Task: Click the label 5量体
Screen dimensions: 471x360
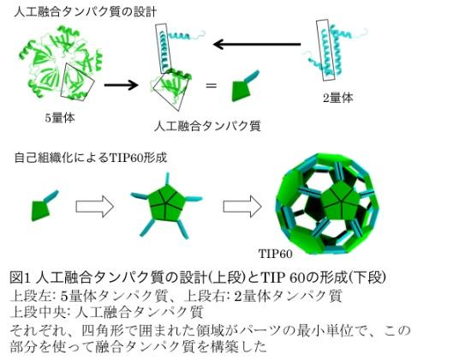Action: pos(60,118)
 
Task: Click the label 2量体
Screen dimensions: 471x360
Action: pos(338,98)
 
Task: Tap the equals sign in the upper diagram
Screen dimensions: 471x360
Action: pos(212,86)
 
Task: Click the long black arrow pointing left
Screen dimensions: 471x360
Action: pos(257,45)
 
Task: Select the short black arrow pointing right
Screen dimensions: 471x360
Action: pos(121,85)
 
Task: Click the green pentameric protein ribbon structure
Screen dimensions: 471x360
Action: pos(62,63)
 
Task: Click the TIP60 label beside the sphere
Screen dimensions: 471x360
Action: pos(276,254)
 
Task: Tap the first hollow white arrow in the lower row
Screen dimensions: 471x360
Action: pos(95,207)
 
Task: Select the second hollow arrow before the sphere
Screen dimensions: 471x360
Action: pos(242,207)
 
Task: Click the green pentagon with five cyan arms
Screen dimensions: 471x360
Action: pos(166,206)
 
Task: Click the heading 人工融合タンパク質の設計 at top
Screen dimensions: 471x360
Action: pos(86,12)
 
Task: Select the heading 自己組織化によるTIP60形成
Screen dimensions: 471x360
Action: pos(91,158)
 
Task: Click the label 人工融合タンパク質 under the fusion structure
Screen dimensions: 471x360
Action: pos(207,126)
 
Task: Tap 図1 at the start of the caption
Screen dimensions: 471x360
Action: pos(21,278)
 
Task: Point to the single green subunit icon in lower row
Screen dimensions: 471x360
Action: pos(45,206)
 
